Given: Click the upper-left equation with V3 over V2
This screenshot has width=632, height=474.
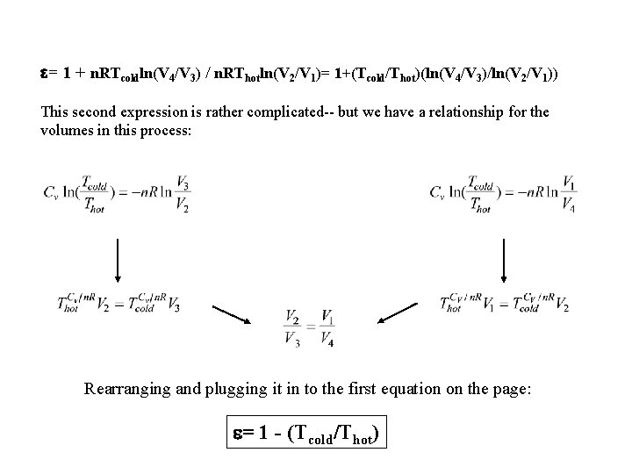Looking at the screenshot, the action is (x=115, y=192).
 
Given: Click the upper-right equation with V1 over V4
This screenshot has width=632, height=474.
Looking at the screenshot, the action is (x=505, y=192).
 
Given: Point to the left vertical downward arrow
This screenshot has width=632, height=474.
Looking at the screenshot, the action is (x=116, y=260).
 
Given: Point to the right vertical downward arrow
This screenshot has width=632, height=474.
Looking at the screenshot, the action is (x=503, y=260).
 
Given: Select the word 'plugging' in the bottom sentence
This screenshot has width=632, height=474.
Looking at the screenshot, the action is (x=244, y=389).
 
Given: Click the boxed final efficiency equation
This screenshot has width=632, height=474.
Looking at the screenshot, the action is (x=306, y=433).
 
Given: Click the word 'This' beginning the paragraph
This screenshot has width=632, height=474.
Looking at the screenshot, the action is (x=55, y=113).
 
